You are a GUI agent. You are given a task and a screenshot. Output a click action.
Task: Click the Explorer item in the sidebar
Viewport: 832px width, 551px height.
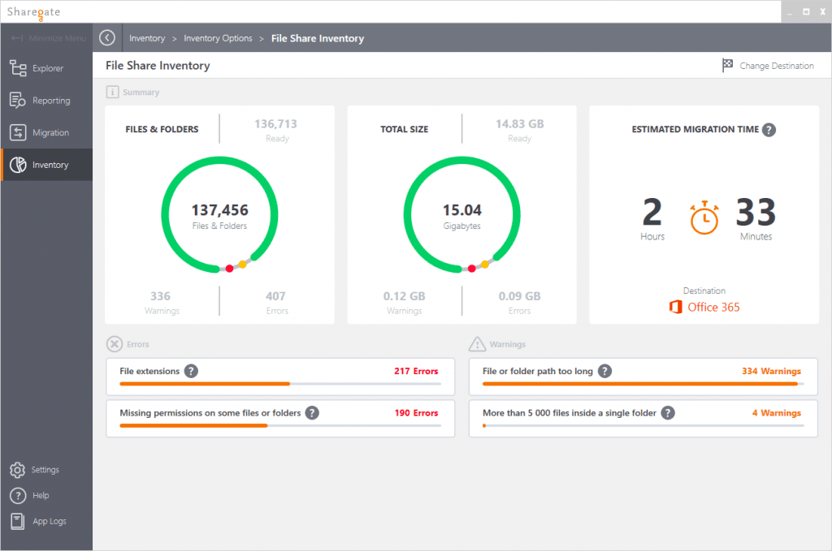point(47,68)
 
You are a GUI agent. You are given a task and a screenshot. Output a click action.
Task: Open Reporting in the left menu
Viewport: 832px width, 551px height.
point(50,101)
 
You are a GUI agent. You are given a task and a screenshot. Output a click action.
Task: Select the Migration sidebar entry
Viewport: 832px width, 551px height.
point(50,132)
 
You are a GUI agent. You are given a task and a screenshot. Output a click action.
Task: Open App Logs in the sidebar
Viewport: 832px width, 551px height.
point(49,521)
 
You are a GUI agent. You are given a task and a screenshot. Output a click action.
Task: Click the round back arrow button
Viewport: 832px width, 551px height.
point(107,38)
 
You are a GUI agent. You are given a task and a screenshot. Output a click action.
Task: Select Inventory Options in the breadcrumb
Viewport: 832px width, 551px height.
point(218,38)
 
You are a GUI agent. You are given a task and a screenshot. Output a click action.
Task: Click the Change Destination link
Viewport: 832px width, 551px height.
point(776,66)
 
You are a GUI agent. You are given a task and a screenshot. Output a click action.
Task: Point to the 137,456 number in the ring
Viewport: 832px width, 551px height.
point(219,211)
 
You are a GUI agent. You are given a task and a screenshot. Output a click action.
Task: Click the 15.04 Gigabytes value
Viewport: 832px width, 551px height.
point(461,211)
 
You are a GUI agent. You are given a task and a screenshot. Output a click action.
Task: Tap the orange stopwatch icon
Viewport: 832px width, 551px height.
point(704,217)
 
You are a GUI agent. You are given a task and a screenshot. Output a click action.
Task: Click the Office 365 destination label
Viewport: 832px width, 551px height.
point(713,307)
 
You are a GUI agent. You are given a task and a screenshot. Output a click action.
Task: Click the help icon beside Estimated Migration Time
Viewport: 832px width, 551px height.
point(769,129)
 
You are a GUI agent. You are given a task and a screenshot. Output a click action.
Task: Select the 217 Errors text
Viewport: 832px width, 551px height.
point(415,371)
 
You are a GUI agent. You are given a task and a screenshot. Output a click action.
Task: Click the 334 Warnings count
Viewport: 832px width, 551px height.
point(771,371)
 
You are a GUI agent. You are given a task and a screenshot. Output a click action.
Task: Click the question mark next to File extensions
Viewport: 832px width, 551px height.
point(191,371)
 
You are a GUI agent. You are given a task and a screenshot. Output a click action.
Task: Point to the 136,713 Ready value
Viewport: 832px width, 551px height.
point(275,124)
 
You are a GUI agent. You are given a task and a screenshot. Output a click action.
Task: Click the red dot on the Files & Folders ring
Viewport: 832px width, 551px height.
point(230,269)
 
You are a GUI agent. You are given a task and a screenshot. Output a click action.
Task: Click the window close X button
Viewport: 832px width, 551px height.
point(821,12)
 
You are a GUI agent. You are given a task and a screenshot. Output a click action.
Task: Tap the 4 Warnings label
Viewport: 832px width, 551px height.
point(776,413)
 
